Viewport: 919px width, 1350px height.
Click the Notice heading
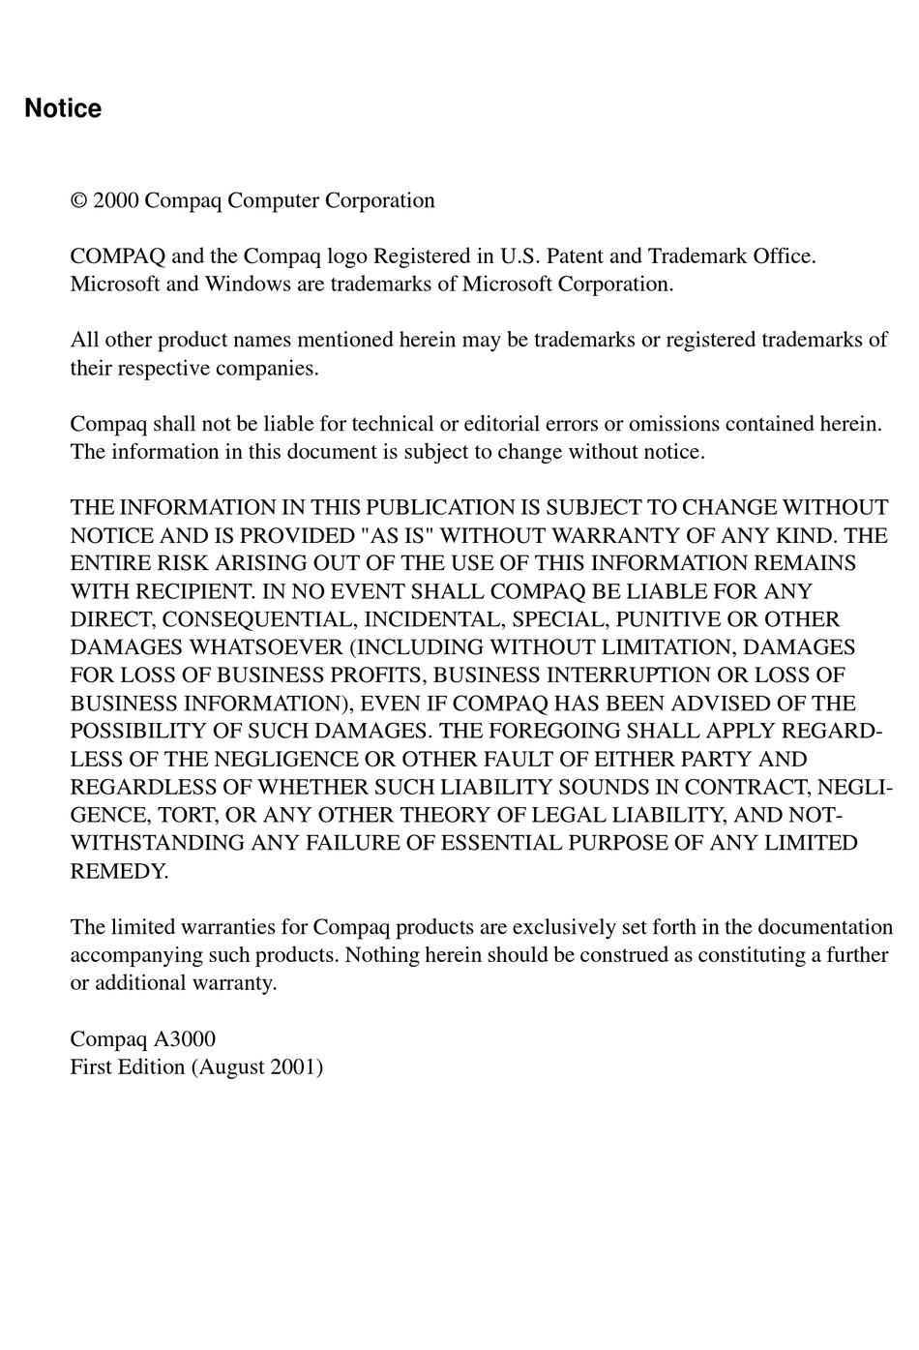click(63, 108)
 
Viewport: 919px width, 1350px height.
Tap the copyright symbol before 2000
click(79, 201)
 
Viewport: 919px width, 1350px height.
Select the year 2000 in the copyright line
click(116, 201)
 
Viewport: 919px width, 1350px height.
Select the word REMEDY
click(118, 872)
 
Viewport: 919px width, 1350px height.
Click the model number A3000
click(184, 1039)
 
